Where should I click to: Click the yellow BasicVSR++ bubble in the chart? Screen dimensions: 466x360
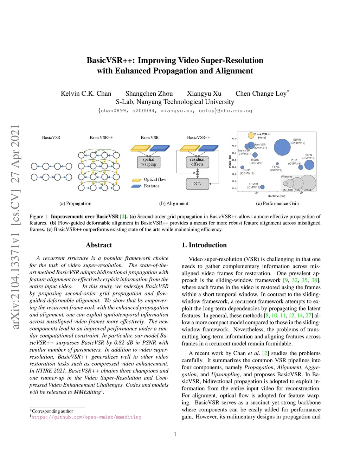pyautogui.click(x=251, y=135)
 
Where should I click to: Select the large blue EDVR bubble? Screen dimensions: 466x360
pyautogui.click(x=282, y=147)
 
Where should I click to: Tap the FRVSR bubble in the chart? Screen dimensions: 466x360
pyautogui.click(x=262, y=187)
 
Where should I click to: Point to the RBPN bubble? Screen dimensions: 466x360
pyautogui.click(x=309, y=164)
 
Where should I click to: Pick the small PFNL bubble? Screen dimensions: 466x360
pyautogui.click(x=277, y=164)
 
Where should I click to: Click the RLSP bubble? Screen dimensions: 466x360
pyautogui.click(x=242, y=167)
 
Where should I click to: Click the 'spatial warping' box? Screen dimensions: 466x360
pyautogui.click(x=149, y=162)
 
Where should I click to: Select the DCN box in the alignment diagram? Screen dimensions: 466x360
pyautogui.click(x=197, y=184)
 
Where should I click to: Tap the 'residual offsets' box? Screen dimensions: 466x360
pyautogui.click(x=197, y=162)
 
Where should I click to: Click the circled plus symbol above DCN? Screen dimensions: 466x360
pyautogui.click(x=198, y=173)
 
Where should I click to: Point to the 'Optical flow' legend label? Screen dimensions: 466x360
pyautogui.click(x=155, y=179)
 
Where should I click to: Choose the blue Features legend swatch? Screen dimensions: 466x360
pyautogui.click(x=136, y=186)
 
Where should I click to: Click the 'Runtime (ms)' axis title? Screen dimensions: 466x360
pyautogui.click(x=277, y=196)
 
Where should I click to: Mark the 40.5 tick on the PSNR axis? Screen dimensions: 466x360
pyautogui.click(x=234, y=139)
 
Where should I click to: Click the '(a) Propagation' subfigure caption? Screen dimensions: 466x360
pyautogui.click(x=75, y=204)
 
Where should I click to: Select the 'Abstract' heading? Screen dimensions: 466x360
pyautogui.click(x=99, y=245)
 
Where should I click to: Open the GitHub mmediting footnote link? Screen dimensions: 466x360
pyautogui.click(x=86, y=417)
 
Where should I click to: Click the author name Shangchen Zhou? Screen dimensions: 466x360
pyautogui.click(x=149, y=94)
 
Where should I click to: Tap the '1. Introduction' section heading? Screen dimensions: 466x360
pyautogui.click(x=204, y=245)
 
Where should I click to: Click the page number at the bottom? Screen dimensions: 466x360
pyautogui.click(x=175, y=434)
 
